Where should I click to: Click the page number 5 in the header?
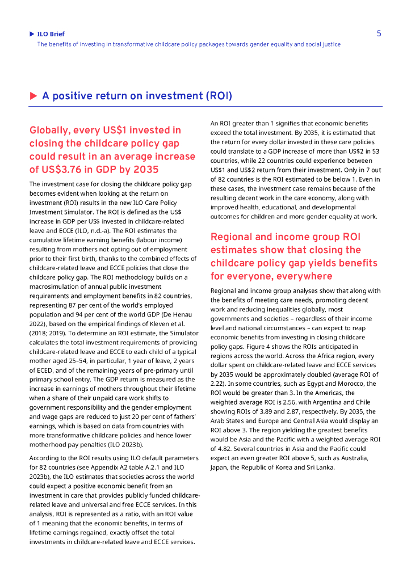tap(379, 33)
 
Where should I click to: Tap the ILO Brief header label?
tap(51, 34)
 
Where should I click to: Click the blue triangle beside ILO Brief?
tap(32, 34)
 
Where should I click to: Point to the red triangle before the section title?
tap(33, 96)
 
